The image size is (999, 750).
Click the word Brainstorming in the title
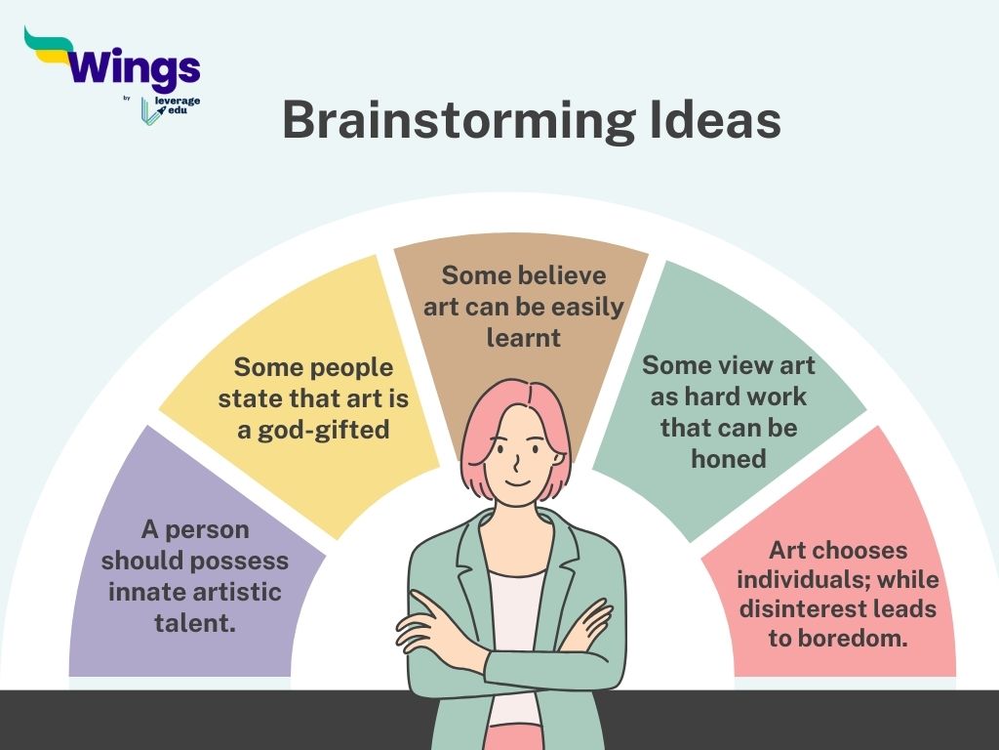pyautogui.click(x=459, y=120)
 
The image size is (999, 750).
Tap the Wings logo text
pyautogui.click(x=134, y=68)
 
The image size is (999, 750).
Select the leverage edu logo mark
pyautogui.click(x=149, y=111)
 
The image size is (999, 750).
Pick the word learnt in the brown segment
pyautogui.click(x=523, y=337)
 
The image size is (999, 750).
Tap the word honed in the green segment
pyautogui.click(x=728, y=458)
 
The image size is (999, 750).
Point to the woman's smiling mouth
pyautogui.click(x=517, y=482)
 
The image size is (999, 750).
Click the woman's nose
pyautogui.click(x=515, y=461)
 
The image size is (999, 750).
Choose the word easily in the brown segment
pyautogui.click(x=587, y=308)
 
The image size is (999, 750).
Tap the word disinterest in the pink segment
pyautogui.click(x=800, y=608)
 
